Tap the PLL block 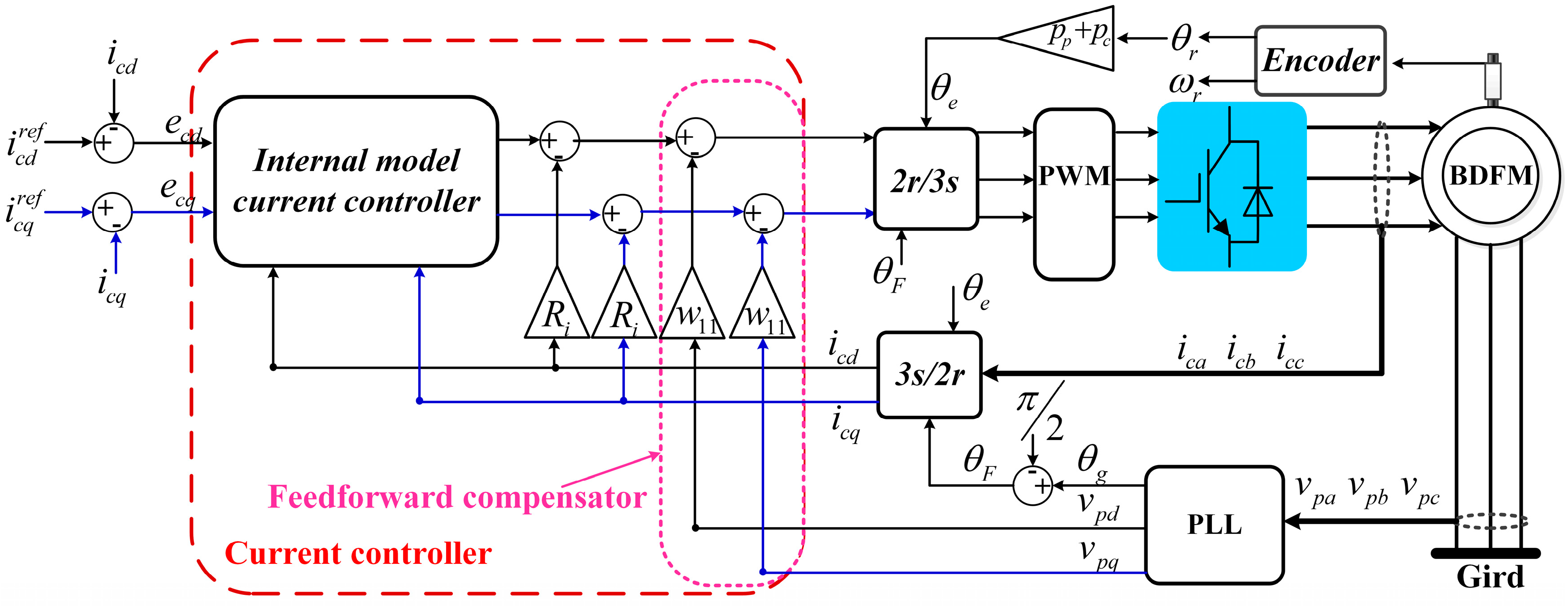point(1214,525)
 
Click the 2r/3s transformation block point(925,179)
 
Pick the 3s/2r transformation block point(929,374)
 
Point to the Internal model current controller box point(356,181)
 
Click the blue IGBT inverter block point(1231,186)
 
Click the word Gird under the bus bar point(1490,577)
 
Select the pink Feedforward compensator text point(456,497)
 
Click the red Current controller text point(358,554)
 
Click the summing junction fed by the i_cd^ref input point(114,143)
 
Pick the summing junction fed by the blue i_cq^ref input point(112,212)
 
